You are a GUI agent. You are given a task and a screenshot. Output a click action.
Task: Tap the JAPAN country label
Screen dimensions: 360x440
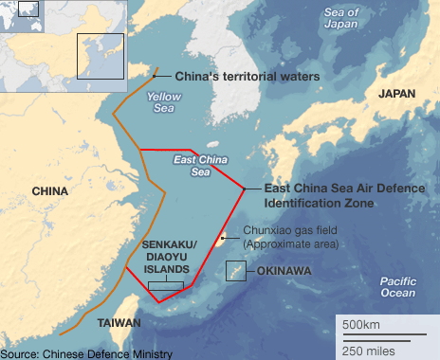[397, 94]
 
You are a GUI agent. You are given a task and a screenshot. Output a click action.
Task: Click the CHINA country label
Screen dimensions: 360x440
[49, 190]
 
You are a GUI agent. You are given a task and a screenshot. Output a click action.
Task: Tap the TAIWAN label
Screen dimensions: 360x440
[119, 323]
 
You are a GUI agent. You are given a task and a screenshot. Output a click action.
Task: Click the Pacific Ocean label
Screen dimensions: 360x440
[397, 287]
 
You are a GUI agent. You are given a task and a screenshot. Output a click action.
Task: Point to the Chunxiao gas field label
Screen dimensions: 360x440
[290, 237]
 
